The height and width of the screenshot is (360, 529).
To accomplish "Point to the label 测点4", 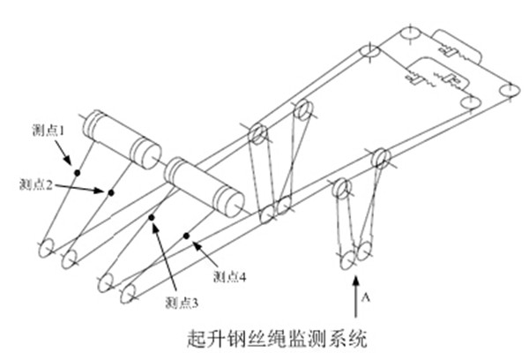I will coord(233,275).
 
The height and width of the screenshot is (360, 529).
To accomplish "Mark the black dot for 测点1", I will coord(78,171).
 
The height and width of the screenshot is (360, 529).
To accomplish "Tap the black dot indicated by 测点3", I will coord(153,218).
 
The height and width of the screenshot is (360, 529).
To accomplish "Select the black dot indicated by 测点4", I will coord(188,236).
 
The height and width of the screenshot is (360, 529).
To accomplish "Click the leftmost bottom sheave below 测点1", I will coord(49,246).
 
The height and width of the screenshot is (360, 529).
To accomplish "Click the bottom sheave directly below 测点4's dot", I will coord(127,291).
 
